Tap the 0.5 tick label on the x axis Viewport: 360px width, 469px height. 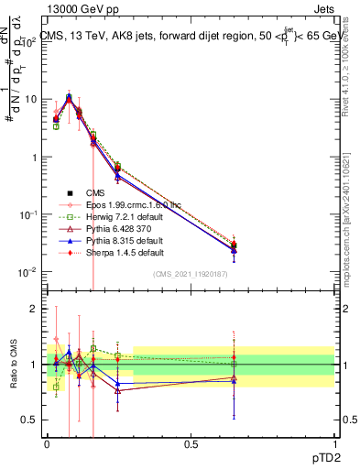[191, 442]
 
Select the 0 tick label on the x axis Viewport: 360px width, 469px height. [47, 442]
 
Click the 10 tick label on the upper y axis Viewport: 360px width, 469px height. [31, 99]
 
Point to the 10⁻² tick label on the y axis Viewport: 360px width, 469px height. [29, 272]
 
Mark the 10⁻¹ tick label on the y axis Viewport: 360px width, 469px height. [29, 214]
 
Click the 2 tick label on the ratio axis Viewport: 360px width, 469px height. [33, 309]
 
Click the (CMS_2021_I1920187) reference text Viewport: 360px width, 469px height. [191, 274]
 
